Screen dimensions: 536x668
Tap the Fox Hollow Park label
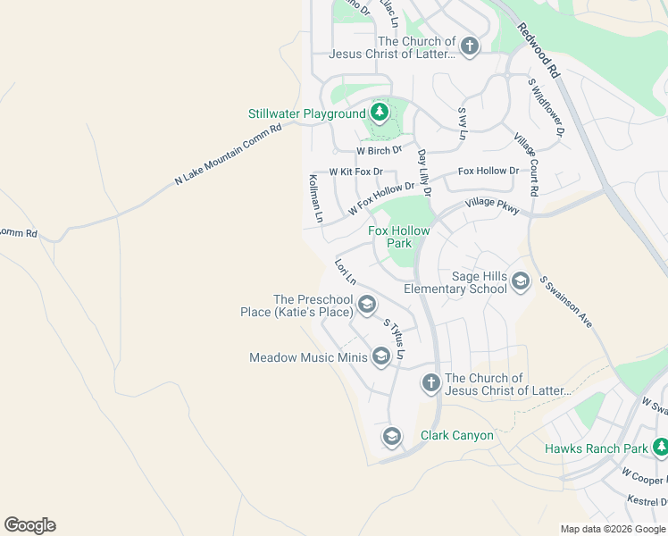click(x=399, y=237)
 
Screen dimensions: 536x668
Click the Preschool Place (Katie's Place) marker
click(x=365, y=306)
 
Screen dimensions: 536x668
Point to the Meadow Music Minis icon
click(x=380, y=357)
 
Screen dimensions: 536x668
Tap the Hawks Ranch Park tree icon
click(x=661, y=448)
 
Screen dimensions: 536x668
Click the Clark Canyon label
click(x=456, y=436)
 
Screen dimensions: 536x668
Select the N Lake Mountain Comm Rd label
click(x=228, y=155)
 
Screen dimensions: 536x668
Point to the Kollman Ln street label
click(x=315, y=198)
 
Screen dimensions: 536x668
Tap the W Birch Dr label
click(x=380, y=150)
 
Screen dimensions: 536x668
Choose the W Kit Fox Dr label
click(x=355, y=171)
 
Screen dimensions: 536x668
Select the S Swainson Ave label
click(x=566, y=302)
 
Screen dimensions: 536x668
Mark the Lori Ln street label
click(x=345, y=272)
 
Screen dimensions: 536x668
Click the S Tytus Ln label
click(x=394, y=339)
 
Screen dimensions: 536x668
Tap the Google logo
click(x=29, y=525)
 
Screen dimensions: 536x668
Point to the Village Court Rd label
click(x=526, y=165)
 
